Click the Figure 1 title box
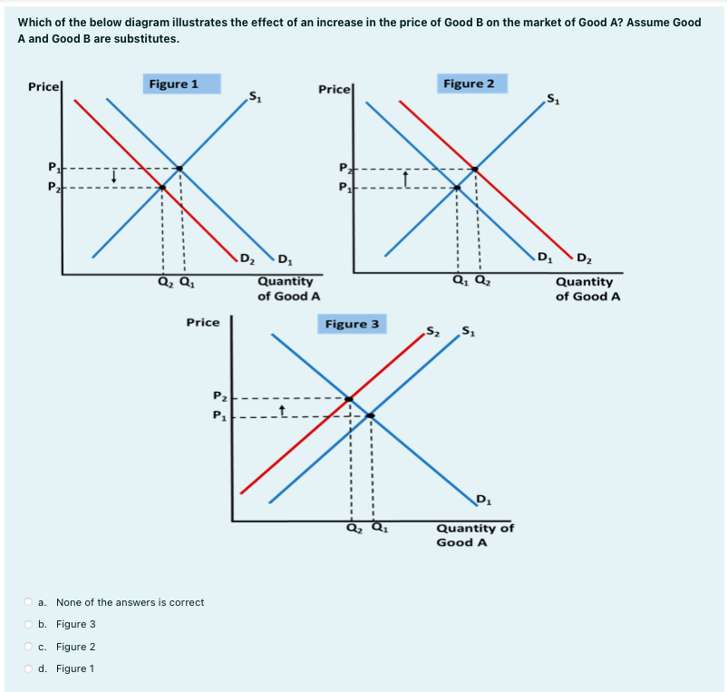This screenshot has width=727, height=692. pos(173,84)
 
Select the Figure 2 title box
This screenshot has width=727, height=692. pos(469,83)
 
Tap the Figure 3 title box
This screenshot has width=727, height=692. pos(352,324)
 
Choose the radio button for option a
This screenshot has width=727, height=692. pos(30,602)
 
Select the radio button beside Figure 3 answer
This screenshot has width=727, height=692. pos(30,624)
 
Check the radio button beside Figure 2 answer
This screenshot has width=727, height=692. pos(30,647)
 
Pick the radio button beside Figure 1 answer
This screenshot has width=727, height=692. pos(30,668)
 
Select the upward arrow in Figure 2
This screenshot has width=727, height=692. pos(407,178)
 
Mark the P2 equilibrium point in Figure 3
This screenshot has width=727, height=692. pos(349,398)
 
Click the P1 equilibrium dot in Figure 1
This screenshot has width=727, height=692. pos(179,169)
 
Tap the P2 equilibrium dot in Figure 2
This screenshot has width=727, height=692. pos(475,169)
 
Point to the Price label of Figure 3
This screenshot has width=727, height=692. pos(202,322)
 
